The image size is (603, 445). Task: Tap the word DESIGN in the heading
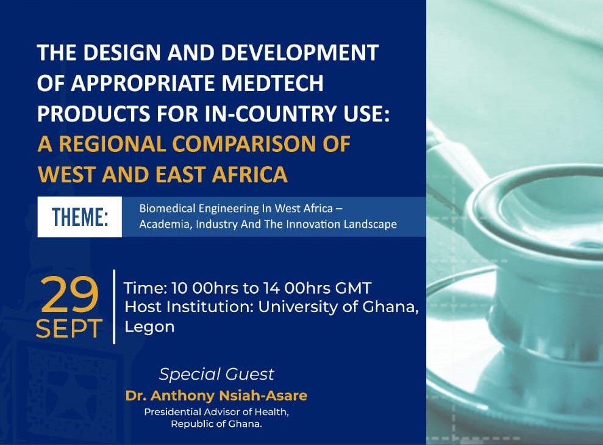[x=122, y=52]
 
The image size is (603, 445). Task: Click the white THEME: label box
[x=80, y=217]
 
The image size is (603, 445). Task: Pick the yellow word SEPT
[x=70, y=328]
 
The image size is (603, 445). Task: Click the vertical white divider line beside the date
[x=114, y=306]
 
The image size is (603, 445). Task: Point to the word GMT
[x=353, y=288]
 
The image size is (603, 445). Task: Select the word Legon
[x=149, y=327]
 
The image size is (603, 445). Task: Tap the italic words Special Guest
[x=216, y=374]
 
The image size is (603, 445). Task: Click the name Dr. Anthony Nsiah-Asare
[x=216, y=396]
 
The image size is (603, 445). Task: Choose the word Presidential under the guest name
[x=173, y=412]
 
